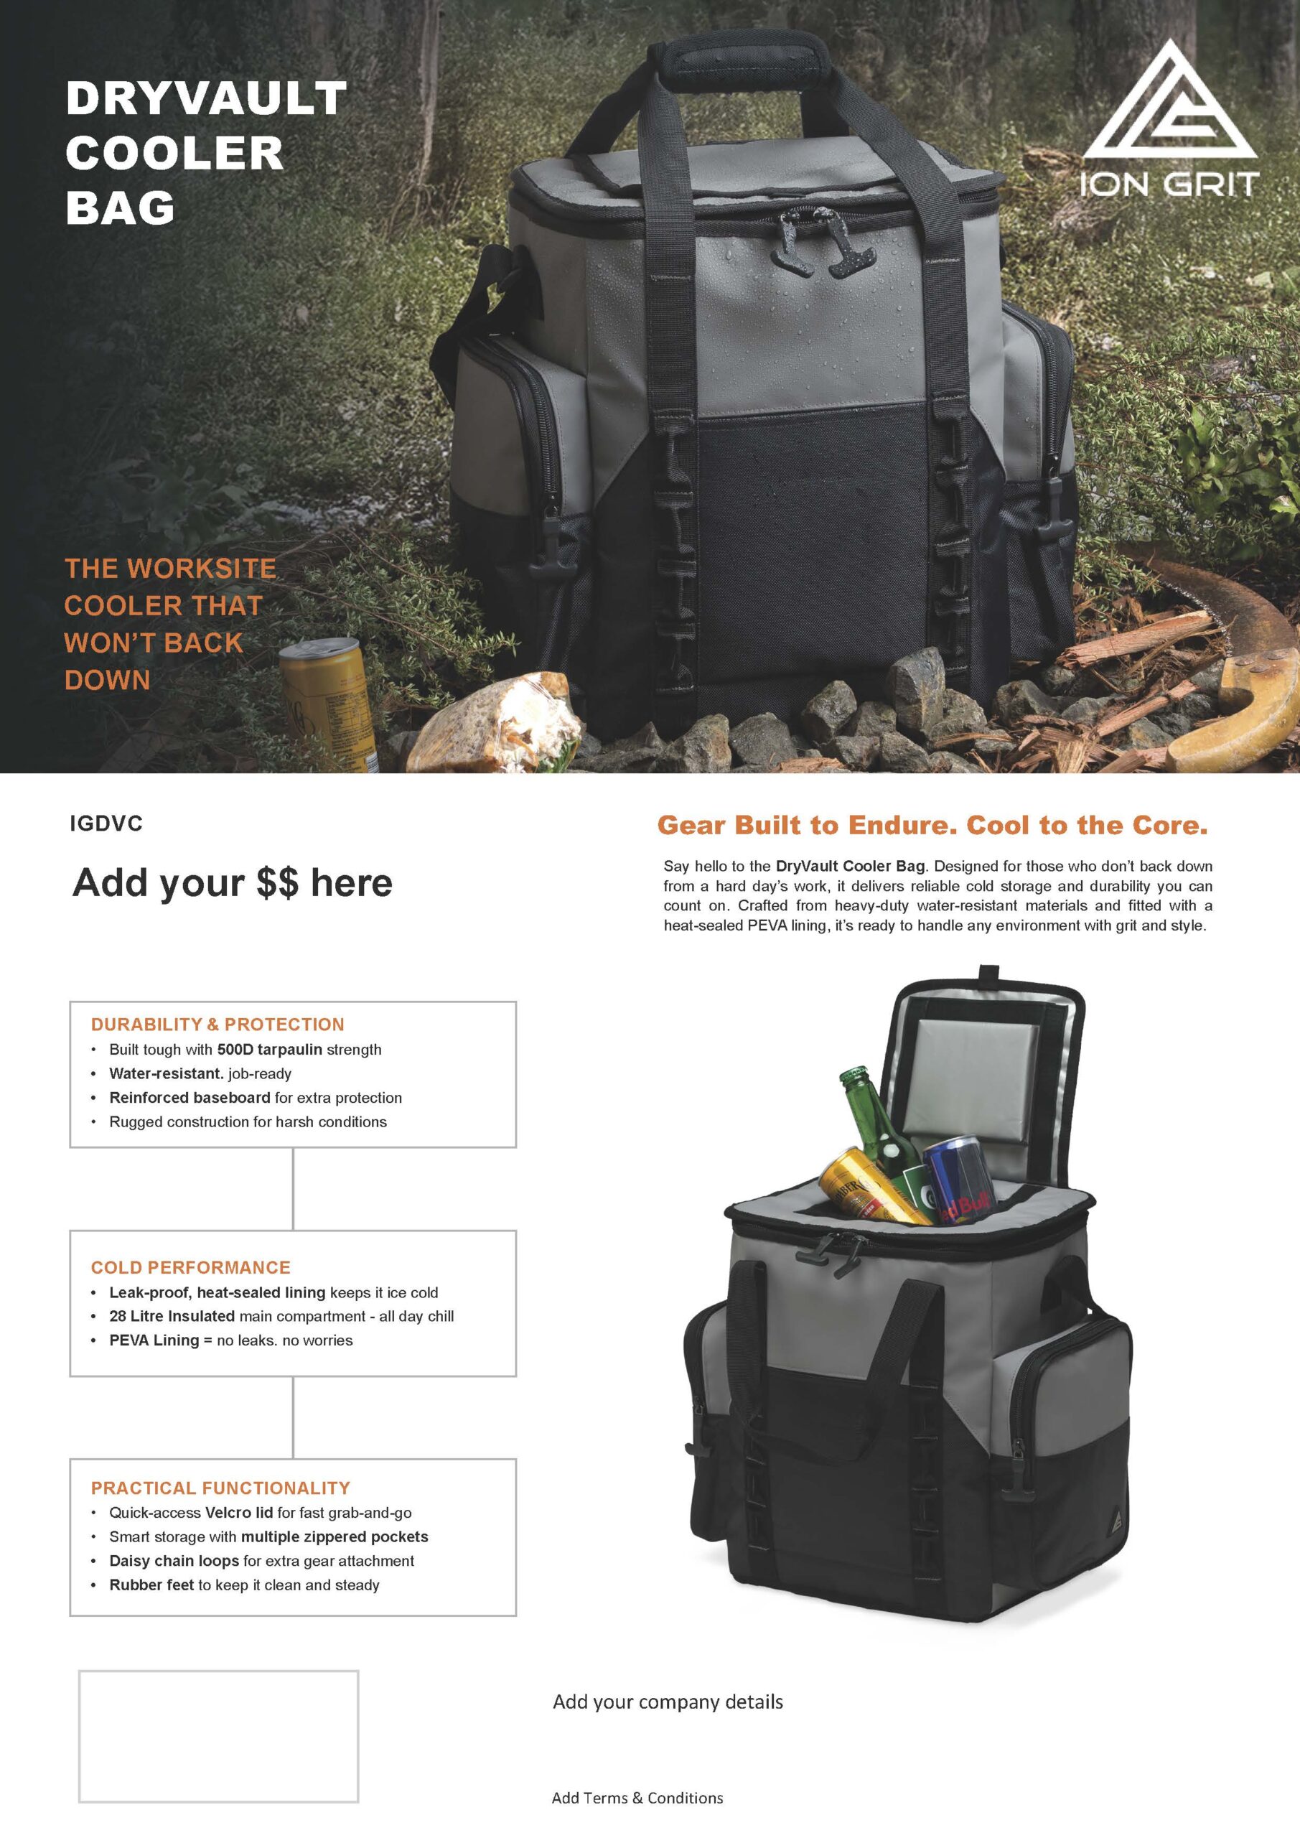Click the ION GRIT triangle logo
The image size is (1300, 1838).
[1169, 103]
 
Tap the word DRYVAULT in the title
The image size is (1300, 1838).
[206, 98]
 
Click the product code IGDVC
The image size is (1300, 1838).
[106, 824]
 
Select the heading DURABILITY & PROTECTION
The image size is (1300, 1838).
[217, 1025]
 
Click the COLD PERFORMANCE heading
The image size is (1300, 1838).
[190, 1267]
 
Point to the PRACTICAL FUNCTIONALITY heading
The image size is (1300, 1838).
[220, 1488]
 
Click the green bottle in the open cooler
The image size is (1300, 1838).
[879, 1129]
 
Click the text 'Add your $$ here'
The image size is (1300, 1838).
[232, 883]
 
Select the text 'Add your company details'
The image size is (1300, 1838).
[668, 1702]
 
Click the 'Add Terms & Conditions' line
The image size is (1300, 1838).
[637, 1798]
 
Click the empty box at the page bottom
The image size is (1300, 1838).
[218, 1735]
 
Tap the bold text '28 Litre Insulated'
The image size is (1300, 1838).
[172, 1316]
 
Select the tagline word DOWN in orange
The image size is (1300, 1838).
[107, 681]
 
